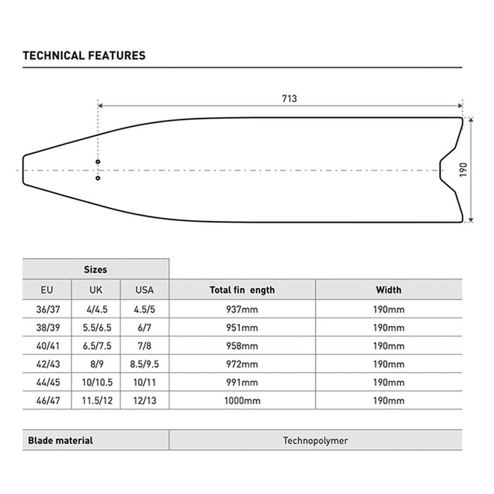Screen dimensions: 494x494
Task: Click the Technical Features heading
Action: pos(84,55)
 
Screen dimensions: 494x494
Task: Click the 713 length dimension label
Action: pos(288,99)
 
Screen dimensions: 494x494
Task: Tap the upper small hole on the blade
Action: pos(98,162)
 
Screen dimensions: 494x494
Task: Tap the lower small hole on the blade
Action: pos(98,178)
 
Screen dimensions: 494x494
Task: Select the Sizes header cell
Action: pos(95,270)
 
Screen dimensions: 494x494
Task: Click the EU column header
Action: pos(47,290)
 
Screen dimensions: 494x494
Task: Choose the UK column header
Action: pos(95,290)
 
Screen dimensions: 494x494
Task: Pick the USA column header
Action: pos(144,290)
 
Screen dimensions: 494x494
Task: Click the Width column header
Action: pos(388,290)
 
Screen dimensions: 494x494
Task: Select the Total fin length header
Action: pos(242,290)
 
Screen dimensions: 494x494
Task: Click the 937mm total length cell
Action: pos(242,309)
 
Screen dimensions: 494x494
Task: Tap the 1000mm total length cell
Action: pos(242,401)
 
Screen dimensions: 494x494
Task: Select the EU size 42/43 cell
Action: pos(47,364)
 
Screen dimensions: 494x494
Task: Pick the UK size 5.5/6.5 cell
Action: pos(95,327)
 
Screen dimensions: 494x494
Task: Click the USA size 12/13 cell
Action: pos(144,401)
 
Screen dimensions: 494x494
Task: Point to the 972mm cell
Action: pos(242,364)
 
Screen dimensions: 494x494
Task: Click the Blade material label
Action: pos(60,440)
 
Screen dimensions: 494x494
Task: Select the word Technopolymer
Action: pos(315,440)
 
